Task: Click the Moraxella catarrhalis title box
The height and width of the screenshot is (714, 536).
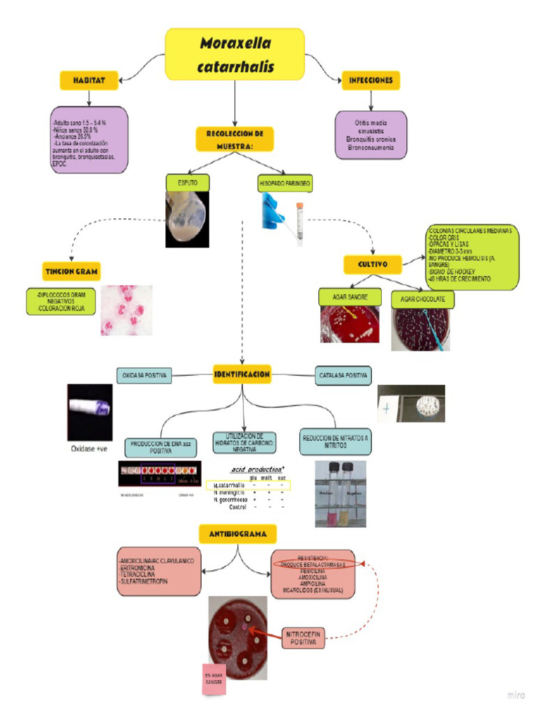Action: pyautogui.click(x=234, y=54)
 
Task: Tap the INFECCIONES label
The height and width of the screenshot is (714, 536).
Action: pyautogui.click(x=371, y=80)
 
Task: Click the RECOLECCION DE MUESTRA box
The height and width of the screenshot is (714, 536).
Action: pyautogui.click(x=234, y=139)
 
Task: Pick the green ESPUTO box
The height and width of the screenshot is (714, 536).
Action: pyautogui.click(x=187, y=183)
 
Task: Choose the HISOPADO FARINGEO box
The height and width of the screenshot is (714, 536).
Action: pyautogui.click(x=285, y=183)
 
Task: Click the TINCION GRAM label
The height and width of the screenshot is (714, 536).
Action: pyautogui.click(x=71, y=271)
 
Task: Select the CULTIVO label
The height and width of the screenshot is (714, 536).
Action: pyautogui.click(x=375, y=264)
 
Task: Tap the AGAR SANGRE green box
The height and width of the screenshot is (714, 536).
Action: pyautogui.click(x=350, y=296)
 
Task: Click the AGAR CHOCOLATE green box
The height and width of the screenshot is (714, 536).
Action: pyautogui.click(x=423, y=299)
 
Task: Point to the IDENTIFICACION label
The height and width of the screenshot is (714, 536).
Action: pyautogui.click(x=242, y=374)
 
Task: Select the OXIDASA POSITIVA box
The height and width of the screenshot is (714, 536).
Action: pyautogui.click(x=144, y=375)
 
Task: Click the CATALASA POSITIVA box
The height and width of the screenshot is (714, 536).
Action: pyautogui.click(x=343, y=375)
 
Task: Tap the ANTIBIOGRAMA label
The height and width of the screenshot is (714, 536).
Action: pyautogui.click(x=237, y=534)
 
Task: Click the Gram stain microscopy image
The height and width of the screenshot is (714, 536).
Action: pyautogui.click(x=126, y=310)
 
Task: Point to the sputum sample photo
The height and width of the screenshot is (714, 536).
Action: pyautogui.click(x=187, y=220)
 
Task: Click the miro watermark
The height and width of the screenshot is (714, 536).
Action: pyautogui.click(x=515, y=695)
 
